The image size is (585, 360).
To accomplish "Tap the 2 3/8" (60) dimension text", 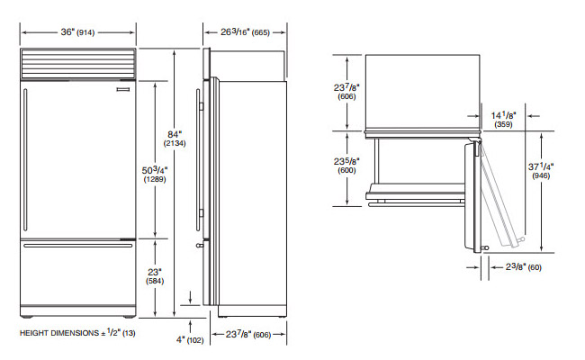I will [x=519, y=267].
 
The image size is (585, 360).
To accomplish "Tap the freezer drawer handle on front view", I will [x=76, y=245].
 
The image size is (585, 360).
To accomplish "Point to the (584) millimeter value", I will [x=154, y=282].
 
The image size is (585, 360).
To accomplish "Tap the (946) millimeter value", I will [x=567, y=177].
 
